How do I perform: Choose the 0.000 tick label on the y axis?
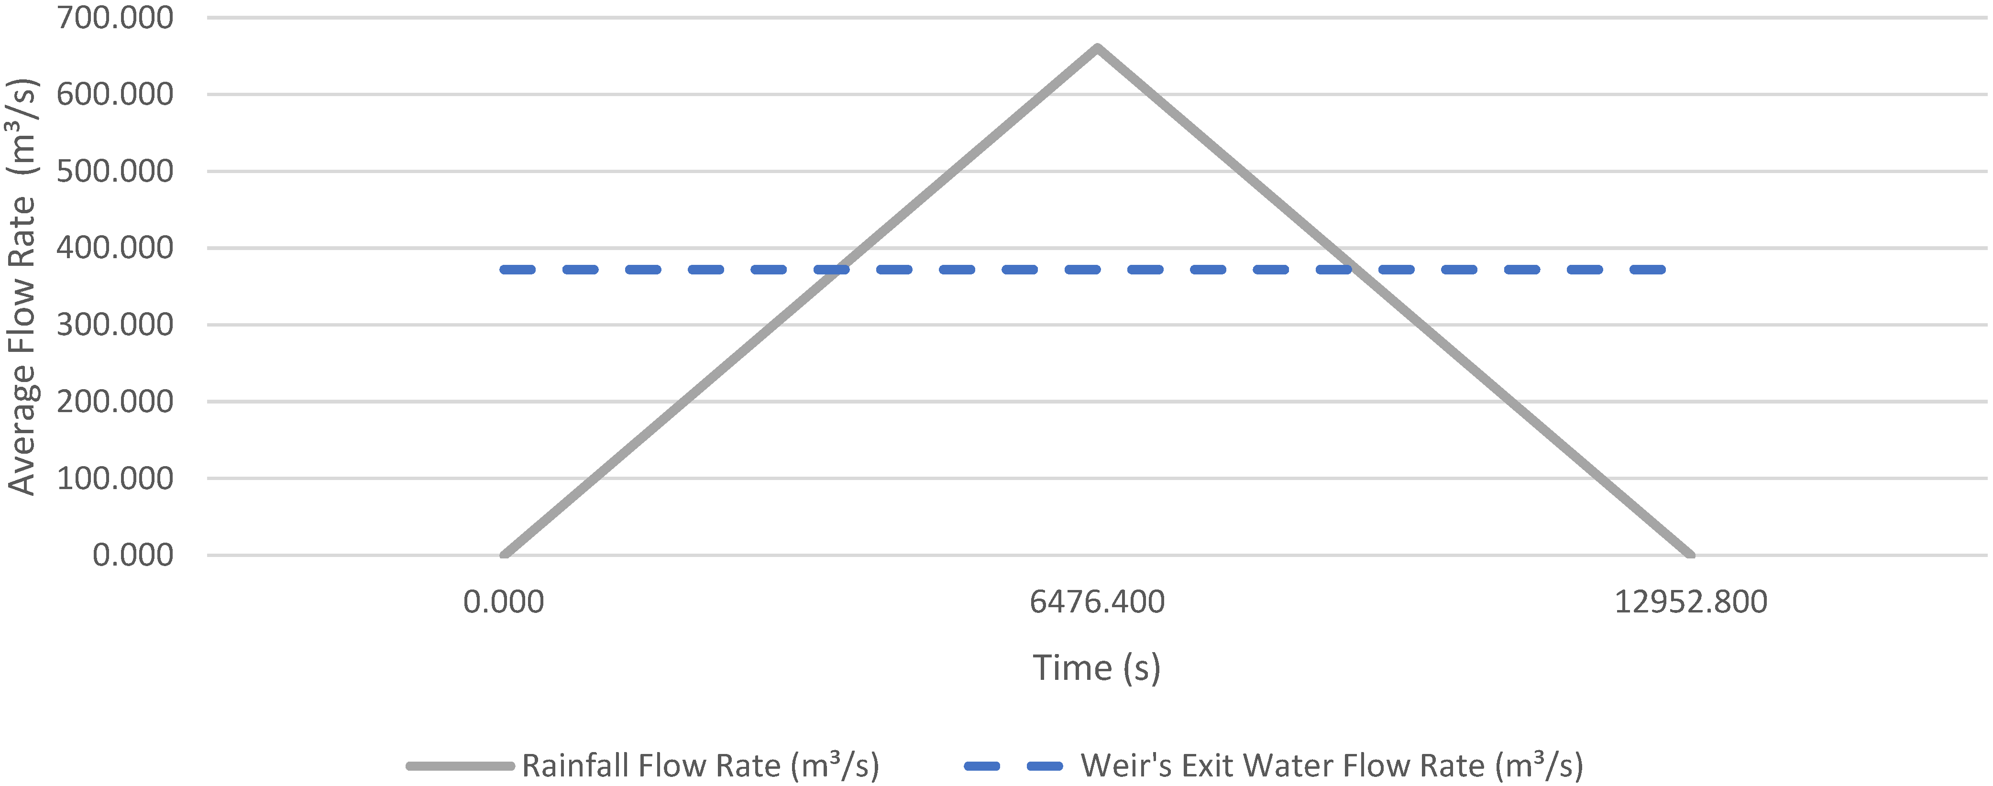pos(133,555)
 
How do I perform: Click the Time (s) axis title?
pos(1097,667)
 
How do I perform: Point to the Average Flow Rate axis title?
pos(22,286)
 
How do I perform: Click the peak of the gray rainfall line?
pos(1097,48)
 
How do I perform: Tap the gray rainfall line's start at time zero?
pos(504,555)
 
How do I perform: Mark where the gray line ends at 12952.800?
pos(1691,555)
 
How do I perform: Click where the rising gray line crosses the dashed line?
pos(833,270)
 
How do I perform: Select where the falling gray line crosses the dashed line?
pos(1360,270)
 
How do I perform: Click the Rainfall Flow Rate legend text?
pos(701,766)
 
